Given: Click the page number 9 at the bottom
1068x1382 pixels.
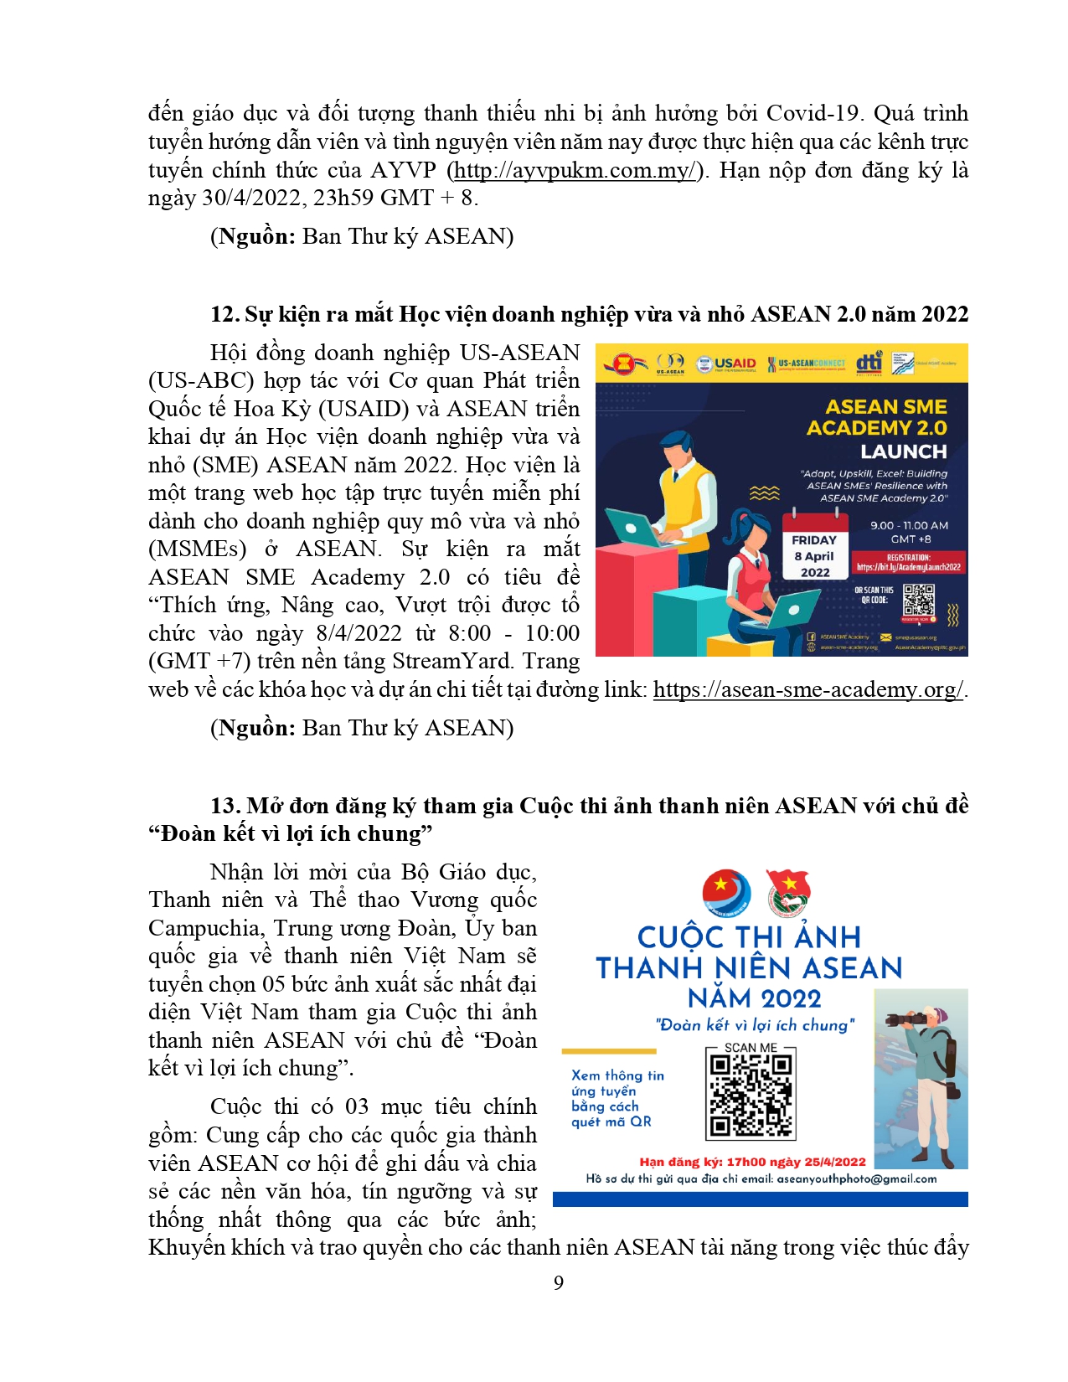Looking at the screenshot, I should pos(559,1282).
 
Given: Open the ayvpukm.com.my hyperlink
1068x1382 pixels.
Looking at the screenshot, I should pos(575,170).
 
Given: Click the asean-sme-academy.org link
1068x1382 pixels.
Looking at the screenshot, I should pos(807,689).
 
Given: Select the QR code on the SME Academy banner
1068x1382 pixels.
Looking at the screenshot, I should pos(919,600).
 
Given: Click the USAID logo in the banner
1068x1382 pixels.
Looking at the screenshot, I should pos(726,364).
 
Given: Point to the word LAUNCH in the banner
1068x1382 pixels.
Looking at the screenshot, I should pos(903,451).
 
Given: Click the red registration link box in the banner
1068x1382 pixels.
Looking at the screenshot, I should pos(908,563).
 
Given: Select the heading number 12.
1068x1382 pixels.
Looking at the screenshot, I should pos(224,314).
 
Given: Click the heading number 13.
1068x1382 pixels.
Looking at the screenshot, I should pos(224,806).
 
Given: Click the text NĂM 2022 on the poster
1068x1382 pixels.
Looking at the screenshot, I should pos(754,998).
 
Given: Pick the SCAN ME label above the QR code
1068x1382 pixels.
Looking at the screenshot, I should pos(751,1047).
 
